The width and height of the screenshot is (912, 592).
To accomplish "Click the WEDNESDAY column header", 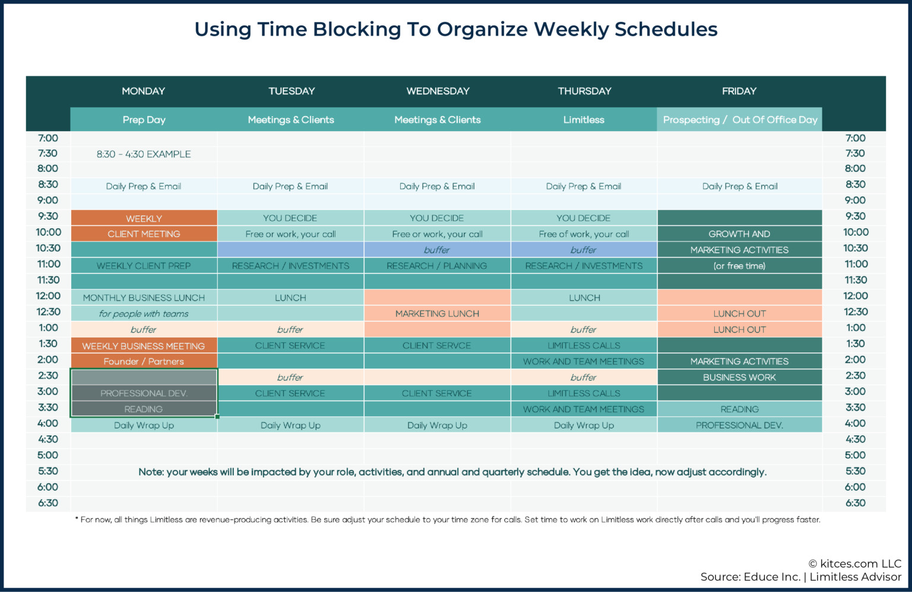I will (438, 91).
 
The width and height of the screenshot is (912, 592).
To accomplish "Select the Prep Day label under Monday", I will (144, 119).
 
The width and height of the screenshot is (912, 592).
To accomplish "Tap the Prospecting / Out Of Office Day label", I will (740, 119).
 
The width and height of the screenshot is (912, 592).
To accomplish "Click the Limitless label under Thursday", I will (584, 119).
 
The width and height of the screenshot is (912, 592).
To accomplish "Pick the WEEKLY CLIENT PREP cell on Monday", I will (144, 266).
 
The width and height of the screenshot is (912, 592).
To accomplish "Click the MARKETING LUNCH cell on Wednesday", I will (437, 313).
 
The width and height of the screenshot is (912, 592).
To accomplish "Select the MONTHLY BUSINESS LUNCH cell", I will (144, 298).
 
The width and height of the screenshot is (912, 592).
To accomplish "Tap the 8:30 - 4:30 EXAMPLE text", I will (144, 154).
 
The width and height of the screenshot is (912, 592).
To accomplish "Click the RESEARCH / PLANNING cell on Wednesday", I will (437, 266).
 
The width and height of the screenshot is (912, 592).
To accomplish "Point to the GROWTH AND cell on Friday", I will (739, 234).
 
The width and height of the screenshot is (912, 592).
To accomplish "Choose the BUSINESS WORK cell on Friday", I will (739, 377).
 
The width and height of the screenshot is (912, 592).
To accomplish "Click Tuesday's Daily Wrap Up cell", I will (290, 425).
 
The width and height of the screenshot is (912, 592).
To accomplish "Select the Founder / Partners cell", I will (144, 361).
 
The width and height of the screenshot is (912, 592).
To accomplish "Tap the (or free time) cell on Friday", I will (739, 266).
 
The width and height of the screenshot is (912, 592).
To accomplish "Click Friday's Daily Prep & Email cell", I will (739, 186).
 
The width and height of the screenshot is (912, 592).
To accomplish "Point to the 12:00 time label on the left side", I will (48, 296).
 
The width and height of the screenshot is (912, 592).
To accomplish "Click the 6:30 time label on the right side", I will (855, 503).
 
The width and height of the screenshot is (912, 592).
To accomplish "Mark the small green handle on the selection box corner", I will (217, 416).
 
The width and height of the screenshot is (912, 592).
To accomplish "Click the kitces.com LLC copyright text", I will (854, 564).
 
